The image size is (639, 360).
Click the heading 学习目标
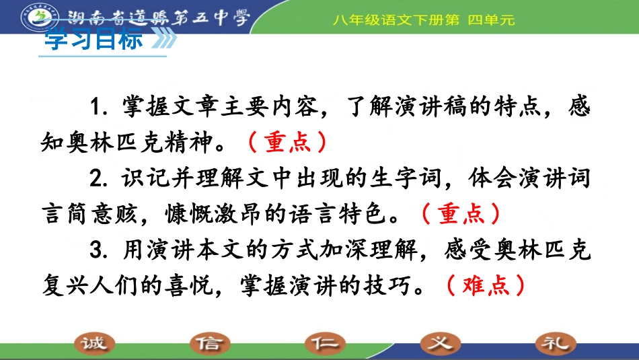(93, 40)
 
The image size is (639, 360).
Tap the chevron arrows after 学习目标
(163, 40)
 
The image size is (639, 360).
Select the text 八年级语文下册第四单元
(423, 20)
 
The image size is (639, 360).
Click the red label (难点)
(485, 287)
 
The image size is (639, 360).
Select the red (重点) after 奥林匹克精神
(287, 143)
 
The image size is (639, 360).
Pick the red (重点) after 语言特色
(461, 215)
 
